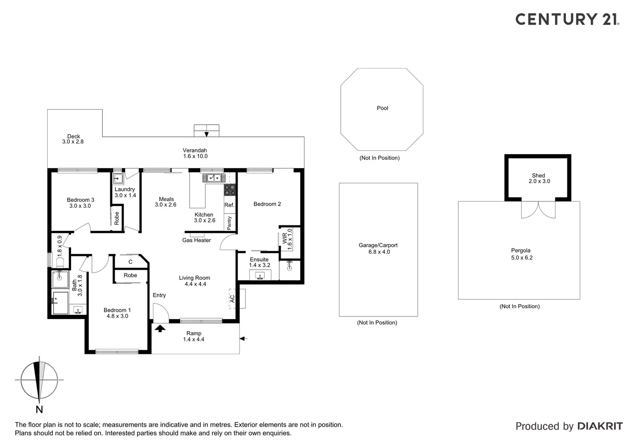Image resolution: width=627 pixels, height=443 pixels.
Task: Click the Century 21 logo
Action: click(x=567, y=19)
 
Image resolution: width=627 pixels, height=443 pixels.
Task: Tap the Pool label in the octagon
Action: click(x=383, y=108)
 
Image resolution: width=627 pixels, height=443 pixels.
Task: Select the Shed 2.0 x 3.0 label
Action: click(x=539, y=178)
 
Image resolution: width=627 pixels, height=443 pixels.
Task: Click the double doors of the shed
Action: click(x=538, y=210)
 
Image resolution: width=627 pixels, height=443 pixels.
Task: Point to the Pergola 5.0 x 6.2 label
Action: click(x=521, y=254)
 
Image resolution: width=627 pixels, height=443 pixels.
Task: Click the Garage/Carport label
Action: click(x=379, y=248)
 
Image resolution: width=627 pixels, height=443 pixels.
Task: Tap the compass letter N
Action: click(x=39, y=409)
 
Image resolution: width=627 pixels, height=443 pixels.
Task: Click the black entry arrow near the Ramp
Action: click(x=160, y=328)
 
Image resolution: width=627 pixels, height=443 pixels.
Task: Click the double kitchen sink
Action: click(x=213, y=178)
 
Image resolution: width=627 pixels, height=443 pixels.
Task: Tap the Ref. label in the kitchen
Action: click(x=229, y=205)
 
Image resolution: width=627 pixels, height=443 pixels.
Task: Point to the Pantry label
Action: click(x=229, y=223)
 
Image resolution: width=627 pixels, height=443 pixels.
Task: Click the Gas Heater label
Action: click(x=196, y=240)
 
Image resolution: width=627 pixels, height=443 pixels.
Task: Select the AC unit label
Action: click(x=232, y=298)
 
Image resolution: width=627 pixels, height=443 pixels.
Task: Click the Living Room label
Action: click(x=195, y=281)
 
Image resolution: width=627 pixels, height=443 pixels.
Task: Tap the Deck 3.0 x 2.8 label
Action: click(x=73, y=139)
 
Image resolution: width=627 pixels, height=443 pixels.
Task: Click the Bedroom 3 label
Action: click(x=81, y=203)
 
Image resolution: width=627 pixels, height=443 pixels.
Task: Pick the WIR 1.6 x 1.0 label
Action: click(x=287, y=239)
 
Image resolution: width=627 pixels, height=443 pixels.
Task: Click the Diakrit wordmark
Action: click(x=600, y=426)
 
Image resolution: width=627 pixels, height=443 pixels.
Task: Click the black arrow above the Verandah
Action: click(x=207, y=134)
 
